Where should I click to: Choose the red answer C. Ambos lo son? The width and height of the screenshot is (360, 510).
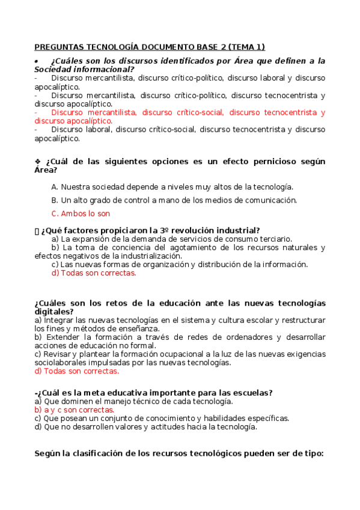[81, 214]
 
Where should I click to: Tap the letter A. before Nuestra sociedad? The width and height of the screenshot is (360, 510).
[55, 187]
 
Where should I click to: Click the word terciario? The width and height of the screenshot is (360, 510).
[273, 239]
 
